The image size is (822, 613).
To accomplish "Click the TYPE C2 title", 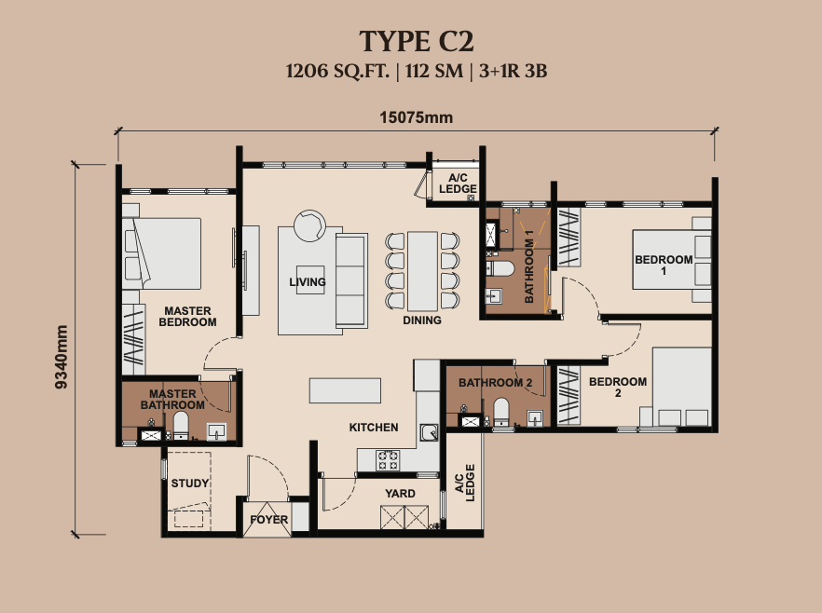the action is coord(417,41).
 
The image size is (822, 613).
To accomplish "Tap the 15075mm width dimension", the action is coord(417,117).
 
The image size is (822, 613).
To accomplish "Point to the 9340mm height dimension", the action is coord(62,357).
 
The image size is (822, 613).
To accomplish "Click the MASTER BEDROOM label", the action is coord(187,317).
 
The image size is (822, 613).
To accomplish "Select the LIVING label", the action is coord(308,282).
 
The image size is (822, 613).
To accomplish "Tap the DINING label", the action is coord(422,320).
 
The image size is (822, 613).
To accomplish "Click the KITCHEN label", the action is coord(374,428).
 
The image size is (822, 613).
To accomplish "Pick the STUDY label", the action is coord(190,484).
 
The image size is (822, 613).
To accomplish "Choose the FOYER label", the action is coord(269,520).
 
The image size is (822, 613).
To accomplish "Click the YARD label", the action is coord(400,494).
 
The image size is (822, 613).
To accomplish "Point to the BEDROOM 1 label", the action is coord(664,266).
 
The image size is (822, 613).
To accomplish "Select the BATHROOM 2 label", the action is coord(496,383).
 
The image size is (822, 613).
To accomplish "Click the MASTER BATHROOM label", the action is coord(172,400).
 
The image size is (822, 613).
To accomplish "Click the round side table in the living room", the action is coord(309,225).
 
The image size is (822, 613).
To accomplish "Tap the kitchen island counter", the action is coord(345,391).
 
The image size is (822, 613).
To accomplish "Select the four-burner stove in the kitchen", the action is coord(388,460).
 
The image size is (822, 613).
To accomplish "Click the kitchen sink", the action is coord(430,432).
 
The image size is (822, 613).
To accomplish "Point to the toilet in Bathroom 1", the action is coord(500,269).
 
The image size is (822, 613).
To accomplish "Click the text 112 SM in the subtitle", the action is coord(434,71).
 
